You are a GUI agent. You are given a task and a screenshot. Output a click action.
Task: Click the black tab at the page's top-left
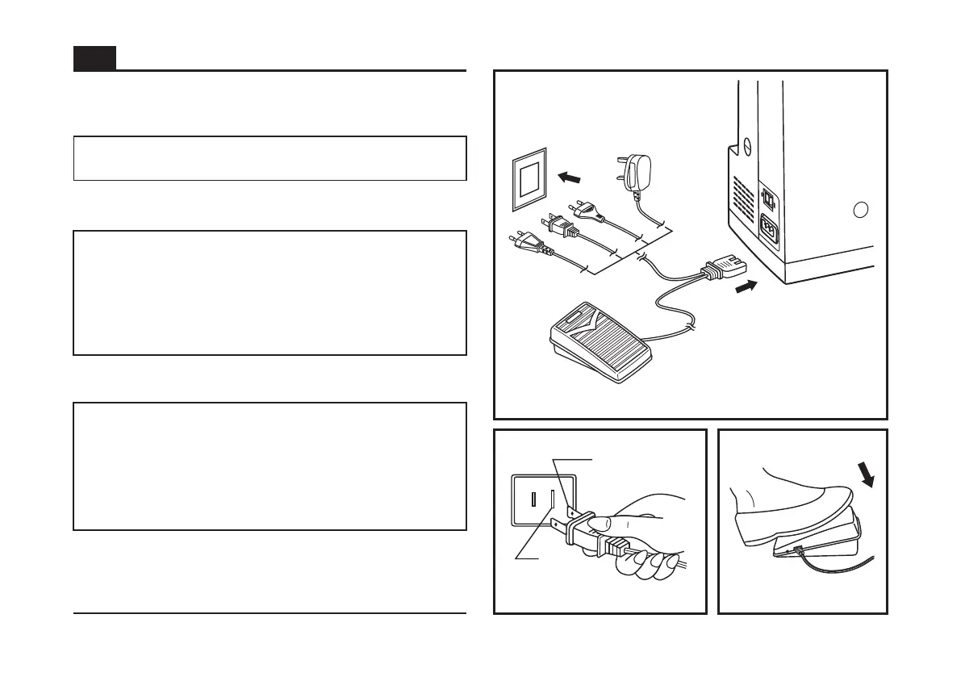pos(94,58)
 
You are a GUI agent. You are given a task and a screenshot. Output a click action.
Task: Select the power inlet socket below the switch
pos(769,230)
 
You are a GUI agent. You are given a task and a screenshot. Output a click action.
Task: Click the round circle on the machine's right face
pos(861,210)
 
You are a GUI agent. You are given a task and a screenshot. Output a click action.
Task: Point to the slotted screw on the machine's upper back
pos(747,146)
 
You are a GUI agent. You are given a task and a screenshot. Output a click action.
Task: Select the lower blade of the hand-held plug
pos(556,526)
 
